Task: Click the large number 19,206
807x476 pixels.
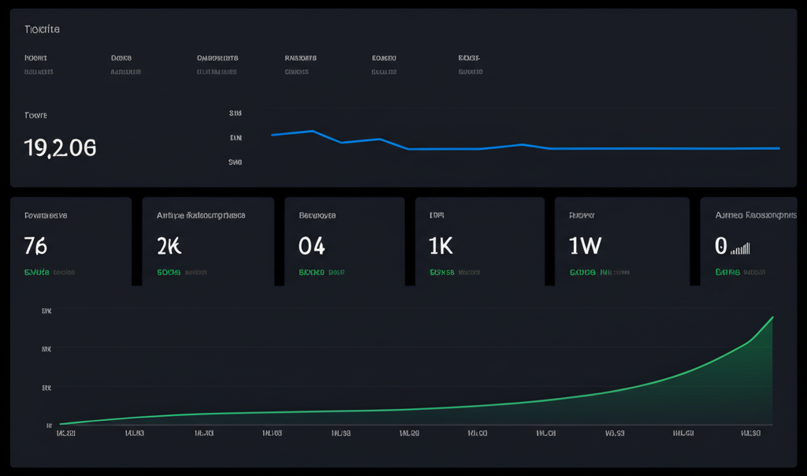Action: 61,147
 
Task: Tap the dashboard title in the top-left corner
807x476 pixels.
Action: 42,29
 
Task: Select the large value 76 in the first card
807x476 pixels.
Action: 36,246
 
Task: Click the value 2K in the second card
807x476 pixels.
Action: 169,246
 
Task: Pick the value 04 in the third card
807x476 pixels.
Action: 311,246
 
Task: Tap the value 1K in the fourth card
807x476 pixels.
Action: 441,246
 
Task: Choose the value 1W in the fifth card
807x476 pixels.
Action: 585,246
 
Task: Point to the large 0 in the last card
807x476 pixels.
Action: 720,246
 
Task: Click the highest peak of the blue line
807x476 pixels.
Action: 313,131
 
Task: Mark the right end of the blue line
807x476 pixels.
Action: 779,148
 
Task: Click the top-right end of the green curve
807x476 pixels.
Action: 772,318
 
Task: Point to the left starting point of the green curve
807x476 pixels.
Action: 61,424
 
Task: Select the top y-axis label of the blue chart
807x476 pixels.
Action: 235,113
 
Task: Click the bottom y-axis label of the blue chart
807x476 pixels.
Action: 235,162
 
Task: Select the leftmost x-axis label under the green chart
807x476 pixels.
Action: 65,433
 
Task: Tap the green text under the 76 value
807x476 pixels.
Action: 36,272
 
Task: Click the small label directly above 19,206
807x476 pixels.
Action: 35,115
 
